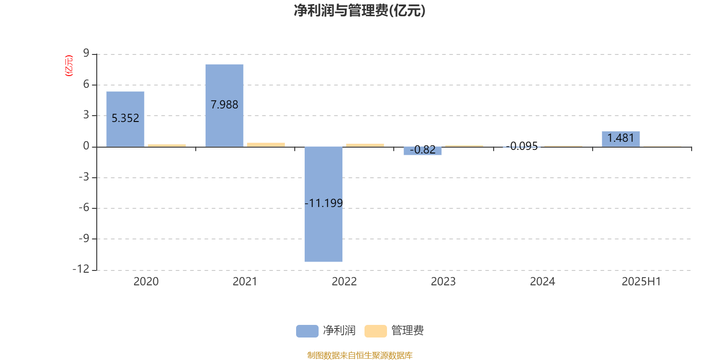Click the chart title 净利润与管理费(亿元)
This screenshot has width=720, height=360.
point(360,11)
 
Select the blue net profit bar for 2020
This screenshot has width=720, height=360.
point(126,119)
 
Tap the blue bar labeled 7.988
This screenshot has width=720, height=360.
point(225,106)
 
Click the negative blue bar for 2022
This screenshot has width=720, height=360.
point(324,204)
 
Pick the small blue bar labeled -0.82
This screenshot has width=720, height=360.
point(423,151)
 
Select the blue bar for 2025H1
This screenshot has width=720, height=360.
point(621,139)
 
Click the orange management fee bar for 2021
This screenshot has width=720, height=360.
point(266,144)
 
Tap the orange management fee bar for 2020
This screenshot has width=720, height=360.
point(167,146)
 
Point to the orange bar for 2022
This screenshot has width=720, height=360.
point(365,145)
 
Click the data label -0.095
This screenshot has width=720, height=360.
point(522,146)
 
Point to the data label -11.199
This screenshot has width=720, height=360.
point(324,203)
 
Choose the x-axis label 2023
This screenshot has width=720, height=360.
point(443,282)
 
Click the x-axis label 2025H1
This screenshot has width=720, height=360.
point(641,282)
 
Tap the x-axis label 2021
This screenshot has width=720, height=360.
point(245,282)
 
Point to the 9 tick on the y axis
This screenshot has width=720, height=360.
point(86,53)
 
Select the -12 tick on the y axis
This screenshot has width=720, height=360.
point(81,269)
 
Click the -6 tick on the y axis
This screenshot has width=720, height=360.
point(84,207)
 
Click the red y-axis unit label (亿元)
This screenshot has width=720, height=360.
point(69,66)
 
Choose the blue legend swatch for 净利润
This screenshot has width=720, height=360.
point(307,331)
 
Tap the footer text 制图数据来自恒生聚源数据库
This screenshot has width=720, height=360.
point(360,355)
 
